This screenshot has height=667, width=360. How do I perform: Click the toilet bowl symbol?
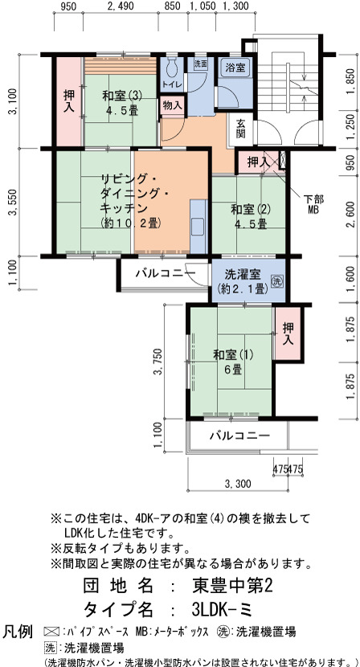(x=172, y=68)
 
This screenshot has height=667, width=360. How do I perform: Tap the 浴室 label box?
(x=235, y=67)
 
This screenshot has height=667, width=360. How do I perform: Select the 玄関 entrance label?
(x=241, y=128)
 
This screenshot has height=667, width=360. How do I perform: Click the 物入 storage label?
(x=173, y=105)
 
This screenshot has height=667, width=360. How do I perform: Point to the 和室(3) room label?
(x=121, y=102)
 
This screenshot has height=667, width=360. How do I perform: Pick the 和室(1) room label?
(x=233, y=361)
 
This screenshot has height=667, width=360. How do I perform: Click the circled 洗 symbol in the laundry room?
(x=277, y=281)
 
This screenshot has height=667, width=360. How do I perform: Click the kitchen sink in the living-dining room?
(x=198, y=227)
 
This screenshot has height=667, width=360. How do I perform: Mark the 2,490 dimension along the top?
(x=121, y=6)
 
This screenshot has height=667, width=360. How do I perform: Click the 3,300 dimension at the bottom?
(x=237, y=484)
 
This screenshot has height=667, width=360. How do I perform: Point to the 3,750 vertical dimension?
(x=159, y=361)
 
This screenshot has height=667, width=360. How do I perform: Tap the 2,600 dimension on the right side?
(x=351, y=215)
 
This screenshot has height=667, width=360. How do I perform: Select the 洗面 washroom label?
(x=201, y=64)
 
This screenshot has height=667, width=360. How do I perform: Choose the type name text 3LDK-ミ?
(x=222, y=610)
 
